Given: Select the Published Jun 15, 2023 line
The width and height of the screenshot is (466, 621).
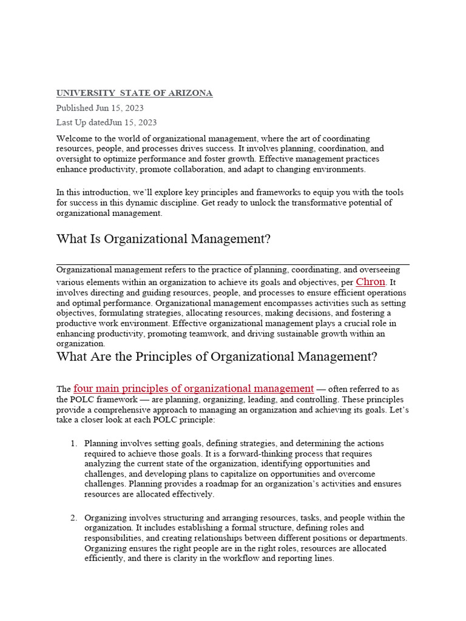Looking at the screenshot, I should [100, 108].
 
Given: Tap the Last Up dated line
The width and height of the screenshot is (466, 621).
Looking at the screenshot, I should [106, 123].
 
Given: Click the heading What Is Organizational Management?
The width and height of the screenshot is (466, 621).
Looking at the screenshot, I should [163, 239].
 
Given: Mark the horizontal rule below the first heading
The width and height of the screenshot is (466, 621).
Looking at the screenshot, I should [232, 264].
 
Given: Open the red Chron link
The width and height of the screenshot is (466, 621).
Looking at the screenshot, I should [370, 282].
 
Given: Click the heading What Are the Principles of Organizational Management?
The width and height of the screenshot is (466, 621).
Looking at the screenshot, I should [217, 357].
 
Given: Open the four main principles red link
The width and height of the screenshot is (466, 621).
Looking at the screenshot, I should [194, 389].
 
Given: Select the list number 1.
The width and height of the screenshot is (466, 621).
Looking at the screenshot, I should [73, 444].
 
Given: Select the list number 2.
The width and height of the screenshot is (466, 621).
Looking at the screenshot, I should [73, 518].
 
